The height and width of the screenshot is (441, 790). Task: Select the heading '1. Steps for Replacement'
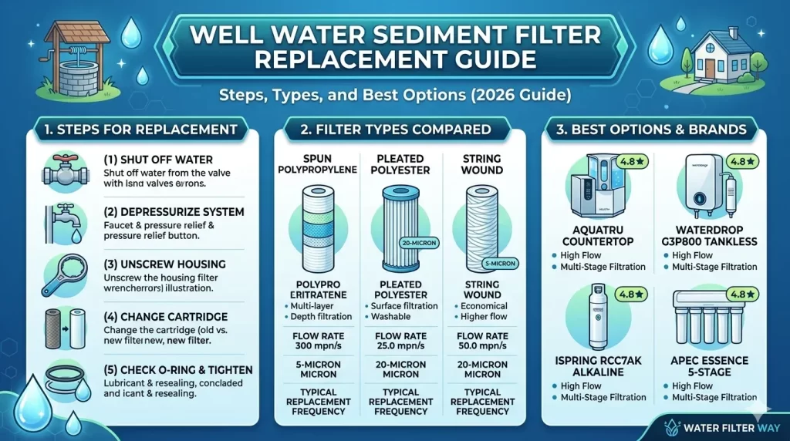click(137, 129)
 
